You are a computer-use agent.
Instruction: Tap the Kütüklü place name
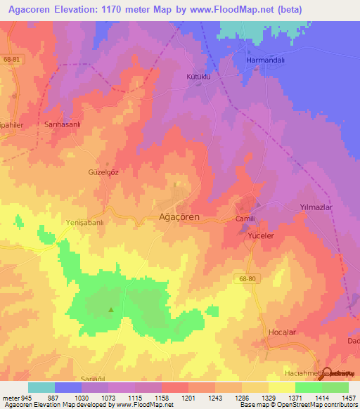pyautogui.click(x=199, y=74)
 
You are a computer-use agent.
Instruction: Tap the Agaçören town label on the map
pyautogui.click(x=179, y=217)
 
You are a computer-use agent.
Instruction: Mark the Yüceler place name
pyautogui.click(x=260, y=236)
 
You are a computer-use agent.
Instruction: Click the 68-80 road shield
pyautogui.click(x=245, y=278)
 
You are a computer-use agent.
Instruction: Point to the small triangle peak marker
pyautogui.click(x=110, y=309)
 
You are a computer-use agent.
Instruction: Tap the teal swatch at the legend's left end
pyautogui.click(x=41, y=387)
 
